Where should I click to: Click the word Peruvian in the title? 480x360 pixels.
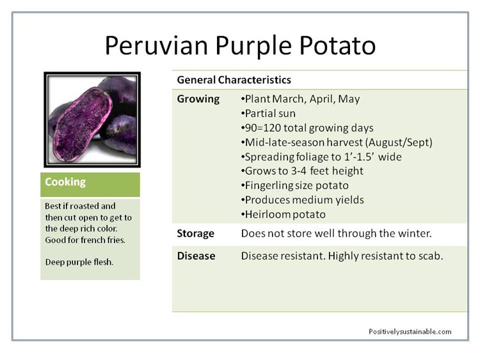click(x=156, y=45)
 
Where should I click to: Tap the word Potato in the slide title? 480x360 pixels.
click(x=337, y=45)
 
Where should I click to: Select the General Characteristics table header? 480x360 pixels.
click(x=234, y=80)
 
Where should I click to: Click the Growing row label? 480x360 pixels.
click(x=198, y=99)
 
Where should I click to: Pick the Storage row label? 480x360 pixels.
click(x=196, y=233)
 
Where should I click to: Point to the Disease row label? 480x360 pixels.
click(x=196, y=256)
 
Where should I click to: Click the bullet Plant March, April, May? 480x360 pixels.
click(x=300, y=99)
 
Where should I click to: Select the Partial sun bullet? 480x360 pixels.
click(x=268, y=113)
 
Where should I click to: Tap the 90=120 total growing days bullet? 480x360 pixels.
click(x=307, y=128)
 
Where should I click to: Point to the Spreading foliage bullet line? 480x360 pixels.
click(x=321, y=157)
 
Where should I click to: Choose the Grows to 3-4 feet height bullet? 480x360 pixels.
click(x=302, y=171)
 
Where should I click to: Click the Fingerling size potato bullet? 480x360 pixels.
click(x=295, y=185)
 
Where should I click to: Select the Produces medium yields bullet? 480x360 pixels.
click(x=303, y=200)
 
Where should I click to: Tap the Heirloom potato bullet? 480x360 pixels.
click(x=283, y=214)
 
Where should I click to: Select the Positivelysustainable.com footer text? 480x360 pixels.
click(x=410, y=332)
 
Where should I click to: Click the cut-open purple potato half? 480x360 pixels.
click(x=82, y=125)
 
